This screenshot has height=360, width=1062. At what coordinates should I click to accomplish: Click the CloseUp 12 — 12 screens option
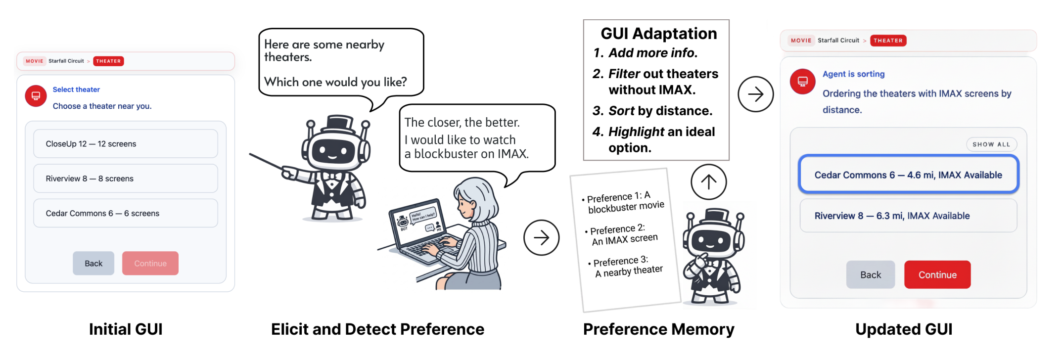pos(126,144)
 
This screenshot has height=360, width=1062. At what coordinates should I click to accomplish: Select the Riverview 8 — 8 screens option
pos(126,179)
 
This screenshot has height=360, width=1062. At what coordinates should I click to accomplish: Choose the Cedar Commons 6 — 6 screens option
pos(126,213)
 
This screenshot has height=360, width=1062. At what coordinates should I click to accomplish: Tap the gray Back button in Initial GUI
pos(93,264)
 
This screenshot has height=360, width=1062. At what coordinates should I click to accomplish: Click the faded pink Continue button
pos(150,264)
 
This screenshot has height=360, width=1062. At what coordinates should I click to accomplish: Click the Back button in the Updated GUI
pos(871,275)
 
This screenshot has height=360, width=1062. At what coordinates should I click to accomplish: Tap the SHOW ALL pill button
pos(992,144)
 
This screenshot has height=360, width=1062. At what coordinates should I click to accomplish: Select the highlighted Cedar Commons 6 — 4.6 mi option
pos(909,175)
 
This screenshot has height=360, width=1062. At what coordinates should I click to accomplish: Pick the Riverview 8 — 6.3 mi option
pos(909,216)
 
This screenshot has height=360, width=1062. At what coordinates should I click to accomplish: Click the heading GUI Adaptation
pos(659,33)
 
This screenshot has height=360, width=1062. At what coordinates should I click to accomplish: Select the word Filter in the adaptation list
pos(624,74)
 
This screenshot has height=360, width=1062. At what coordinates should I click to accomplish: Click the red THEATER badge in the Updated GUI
pos(888,41)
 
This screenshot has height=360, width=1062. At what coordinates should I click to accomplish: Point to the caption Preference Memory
pos(659,329)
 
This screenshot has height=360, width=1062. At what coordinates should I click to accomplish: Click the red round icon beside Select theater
pos(36,95)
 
